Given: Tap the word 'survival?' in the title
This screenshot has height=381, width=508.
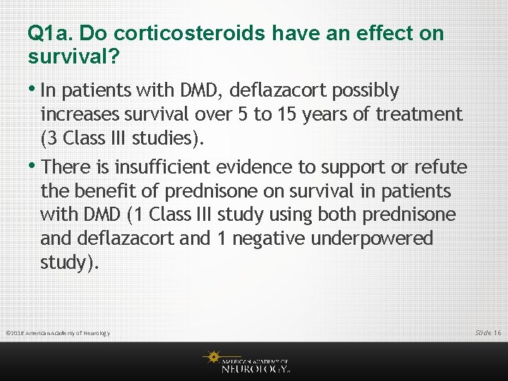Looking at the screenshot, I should pos(72,56).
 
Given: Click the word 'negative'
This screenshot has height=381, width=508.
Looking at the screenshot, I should pos(272,239).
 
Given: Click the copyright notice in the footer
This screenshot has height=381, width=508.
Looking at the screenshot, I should pos(58,332).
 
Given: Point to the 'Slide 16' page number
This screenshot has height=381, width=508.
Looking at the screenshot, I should pos(488,332).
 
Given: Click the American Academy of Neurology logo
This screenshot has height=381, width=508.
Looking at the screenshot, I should pos(247,361).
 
